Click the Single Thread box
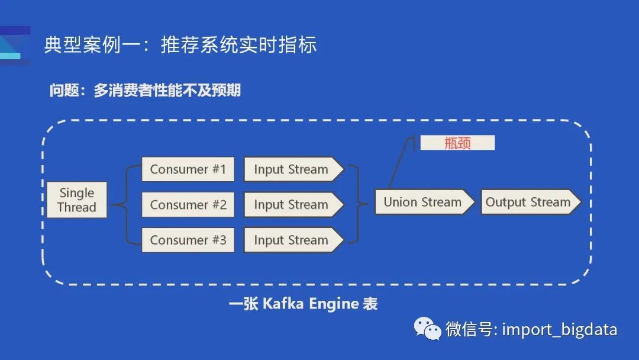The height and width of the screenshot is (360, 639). pos(77,200)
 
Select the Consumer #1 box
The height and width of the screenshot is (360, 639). pos(188,169)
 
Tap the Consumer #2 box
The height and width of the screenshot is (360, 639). pos(188,205)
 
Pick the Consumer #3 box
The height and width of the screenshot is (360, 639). pos(188,240)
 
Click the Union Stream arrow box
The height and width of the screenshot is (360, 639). pos(423,202)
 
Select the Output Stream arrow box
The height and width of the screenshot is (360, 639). pos(528,202)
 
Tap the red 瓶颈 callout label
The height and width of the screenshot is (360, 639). pos(457,143)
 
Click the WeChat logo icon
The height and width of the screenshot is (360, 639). pos(427,328)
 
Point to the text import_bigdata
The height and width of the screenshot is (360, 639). pos(559,329)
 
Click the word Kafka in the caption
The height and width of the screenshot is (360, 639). pos(282,304)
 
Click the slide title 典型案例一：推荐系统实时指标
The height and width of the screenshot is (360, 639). pos(180,45)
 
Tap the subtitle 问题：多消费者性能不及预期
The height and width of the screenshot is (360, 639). pos(145,91)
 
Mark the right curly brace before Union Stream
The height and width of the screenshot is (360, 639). pos(355,205)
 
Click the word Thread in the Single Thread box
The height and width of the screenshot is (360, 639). pos(77,207)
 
